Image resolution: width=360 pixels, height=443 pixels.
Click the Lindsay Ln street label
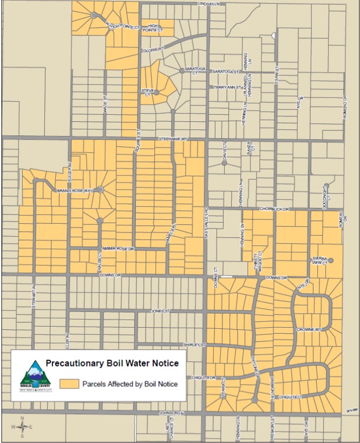[211, 3]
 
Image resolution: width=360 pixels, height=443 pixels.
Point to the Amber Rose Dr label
[117, 248]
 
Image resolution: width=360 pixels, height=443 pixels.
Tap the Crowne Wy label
[309, 329]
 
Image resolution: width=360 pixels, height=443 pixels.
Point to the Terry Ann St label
[227, 87]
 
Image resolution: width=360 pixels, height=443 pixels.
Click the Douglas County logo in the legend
[35, 375]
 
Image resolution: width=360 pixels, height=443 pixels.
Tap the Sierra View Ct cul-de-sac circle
[331, 260]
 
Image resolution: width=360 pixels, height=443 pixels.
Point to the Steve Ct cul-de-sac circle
[156, 93]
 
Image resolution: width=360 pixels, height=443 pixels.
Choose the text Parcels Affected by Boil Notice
[130, 385]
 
